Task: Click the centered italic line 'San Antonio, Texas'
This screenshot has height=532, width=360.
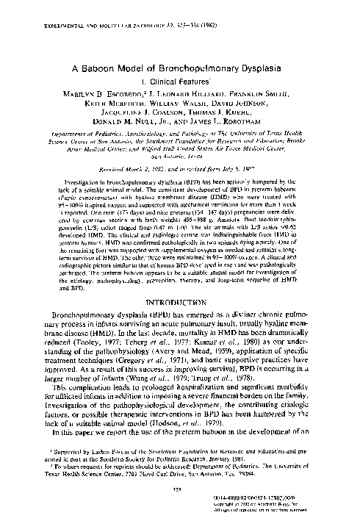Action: [x=180, y=156]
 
